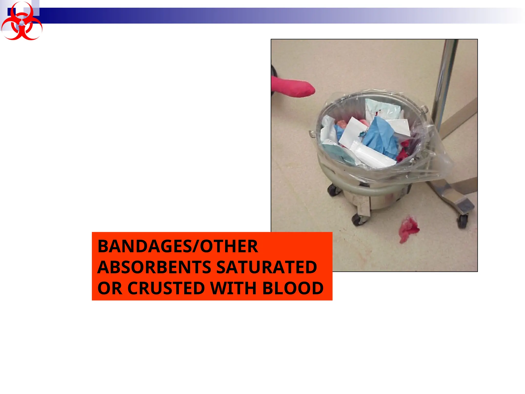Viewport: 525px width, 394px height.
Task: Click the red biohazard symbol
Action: coord(22,22)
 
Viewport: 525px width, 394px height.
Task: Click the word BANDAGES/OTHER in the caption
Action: coord(178,246)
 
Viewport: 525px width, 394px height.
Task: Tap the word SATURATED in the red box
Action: coord(267,267)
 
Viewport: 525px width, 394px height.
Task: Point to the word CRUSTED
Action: coord(166,288)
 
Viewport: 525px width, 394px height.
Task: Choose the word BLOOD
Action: coord(293,288)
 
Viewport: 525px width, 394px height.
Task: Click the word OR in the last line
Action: coord(110,288)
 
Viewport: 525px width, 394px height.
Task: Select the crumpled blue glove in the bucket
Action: coord(379,136)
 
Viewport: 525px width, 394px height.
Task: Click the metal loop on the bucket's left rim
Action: coord(312,133)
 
